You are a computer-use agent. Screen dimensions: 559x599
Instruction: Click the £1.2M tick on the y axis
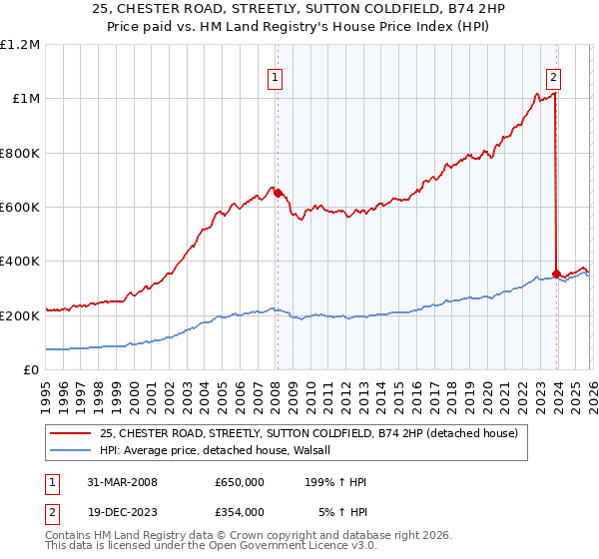click(20, 45)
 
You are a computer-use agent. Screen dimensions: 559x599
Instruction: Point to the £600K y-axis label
click(20, 208)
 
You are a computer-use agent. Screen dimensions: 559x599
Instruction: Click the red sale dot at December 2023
click(556, 274)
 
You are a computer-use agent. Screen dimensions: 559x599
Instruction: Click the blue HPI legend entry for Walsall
click(221, 451)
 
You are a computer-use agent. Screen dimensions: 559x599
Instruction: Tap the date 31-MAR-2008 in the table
click(116, 482)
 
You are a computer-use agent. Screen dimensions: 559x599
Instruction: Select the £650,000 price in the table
click(240, 482)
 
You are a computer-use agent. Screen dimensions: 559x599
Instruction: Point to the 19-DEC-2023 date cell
click(116, 511)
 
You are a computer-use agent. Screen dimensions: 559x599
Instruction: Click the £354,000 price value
click(240, 511)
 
